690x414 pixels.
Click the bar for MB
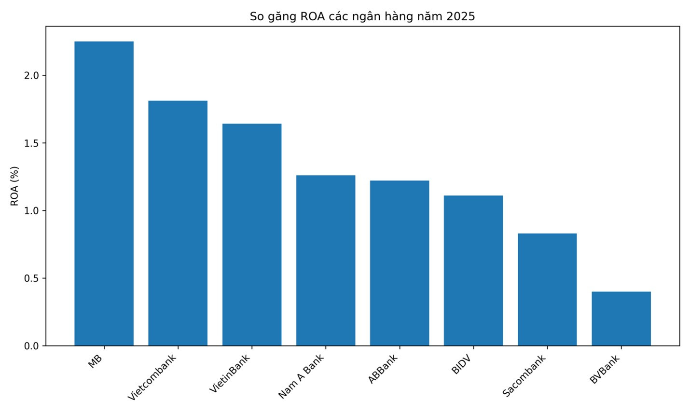[x=104, y=193]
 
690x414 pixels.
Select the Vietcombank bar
[x=178, y=223]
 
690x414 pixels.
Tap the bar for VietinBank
[x=252, y=235]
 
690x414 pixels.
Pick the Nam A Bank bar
[x=326, y=260]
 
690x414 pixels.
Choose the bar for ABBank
[x=400, y=263]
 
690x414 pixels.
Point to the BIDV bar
[x=473, y=271]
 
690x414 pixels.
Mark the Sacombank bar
[x=547, y=290]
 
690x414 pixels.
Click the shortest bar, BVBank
[x=621, y=318]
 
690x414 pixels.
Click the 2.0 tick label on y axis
[x=31, y=75]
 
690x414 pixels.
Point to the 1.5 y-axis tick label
[x=31, y=143]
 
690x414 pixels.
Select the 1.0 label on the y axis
[x=31, y=211]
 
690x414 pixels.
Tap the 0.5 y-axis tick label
[x=31, y=278]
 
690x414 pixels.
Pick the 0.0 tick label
[x=31, y=346]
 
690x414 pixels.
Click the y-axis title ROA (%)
[x=14, y=186]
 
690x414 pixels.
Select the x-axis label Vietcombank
[x=152, y=378]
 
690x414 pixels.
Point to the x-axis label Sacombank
[x=524, y=375]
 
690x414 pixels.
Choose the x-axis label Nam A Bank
[x=301, y=376]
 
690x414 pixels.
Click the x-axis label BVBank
[x=605, y=369]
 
